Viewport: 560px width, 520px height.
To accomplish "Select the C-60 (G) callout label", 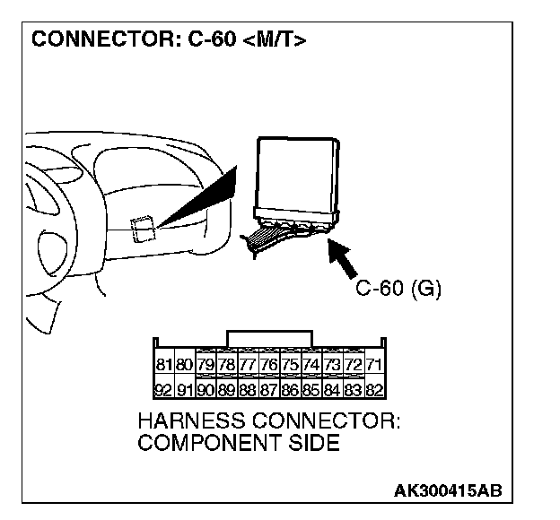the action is point(398,290).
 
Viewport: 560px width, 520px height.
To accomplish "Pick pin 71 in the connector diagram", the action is point(375,365).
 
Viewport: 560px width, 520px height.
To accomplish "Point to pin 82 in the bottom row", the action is point(375,389).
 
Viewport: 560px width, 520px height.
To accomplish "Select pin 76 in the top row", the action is point(269,365).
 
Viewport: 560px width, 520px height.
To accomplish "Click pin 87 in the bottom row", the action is point(269,389).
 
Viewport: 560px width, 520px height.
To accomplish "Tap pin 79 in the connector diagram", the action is point(206,365).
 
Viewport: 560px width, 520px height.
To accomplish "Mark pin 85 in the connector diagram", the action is point(311,389).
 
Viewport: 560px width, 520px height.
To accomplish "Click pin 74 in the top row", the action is point(311,365).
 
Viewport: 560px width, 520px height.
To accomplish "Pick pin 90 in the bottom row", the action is point(206,389).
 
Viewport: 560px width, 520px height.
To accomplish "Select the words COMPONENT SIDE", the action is point(238,444).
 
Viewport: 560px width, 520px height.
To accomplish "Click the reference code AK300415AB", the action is point(447,490).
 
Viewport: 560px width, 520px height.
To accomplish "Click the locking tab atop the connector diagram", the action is point(270,337).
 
